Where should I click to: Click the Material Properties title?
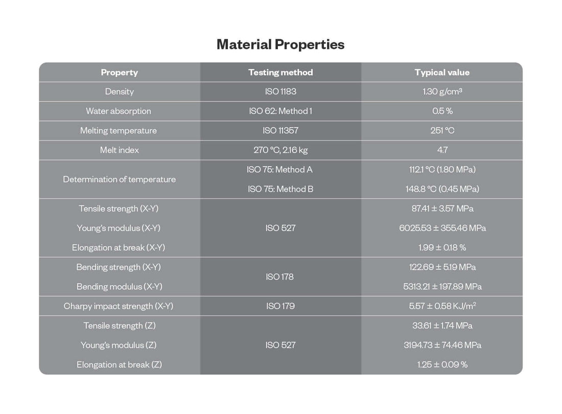click(x=280, y=44)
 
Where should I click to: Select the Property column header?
click(x=119, y=73)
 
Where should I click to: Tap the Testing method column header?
click(x=280, y=73)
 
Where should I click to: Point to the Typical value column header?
click(x=442, y=73)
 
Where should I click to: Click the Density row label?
click(x=119, y=92)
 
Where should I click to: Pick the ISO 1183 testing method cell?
click(x=280, y=92)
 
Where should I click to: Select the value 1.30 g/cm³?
click(x=442, y=92)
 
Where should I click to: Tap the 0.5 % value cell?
click(x=442, y=111)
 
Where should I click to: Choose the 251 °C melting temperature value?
click(x=442, y=131)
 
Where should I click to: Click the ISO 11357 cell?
click(x=280, y=131)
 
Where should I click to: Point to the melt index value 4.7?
click(x=442, y=150)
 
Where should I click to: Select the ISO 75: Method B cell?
click(x=280, y=189)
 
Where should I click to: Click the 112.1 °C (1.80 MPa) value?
click(x=442, y=170)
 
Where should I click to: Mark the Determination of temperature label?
click(x=119, y=179)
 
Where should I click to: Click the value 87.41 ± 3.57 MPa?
click(x=442, y=209)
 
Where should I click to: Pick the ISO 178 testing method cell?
click(x=280, y=277)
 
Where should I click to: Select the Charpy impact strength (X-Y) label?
click(x=119, y=306)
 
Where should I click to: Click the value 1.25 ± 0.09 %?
click(x=442, y=364)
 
